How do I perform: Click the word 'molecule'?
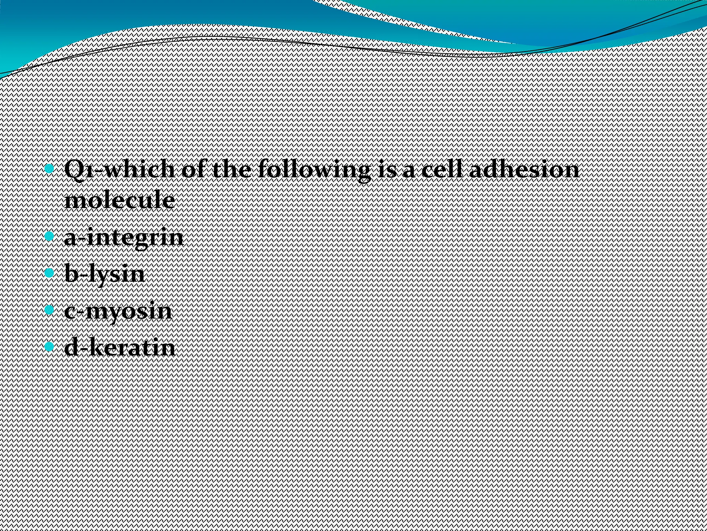click(119, 200)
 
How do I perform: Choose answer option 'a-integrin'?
click(124, 238)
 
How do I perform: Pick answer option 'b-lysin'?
click(104, 274)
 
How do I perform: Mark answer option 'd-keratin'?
click(120, 347)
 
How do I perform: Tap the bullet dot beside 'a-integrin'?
click(50, 236)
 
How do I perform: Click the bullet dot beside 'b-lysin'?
click(50, 273)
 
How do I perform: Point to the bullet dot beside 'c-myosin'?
click(50, 309)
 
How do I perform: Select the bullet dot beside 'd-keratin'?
click(50, 346)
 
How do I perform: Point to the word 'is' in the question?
click(386, 170)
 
